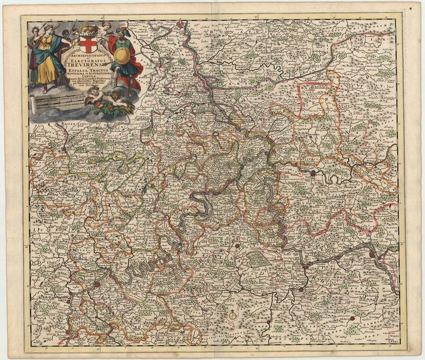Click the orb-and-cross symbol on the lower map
click(x=232, y=316)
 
